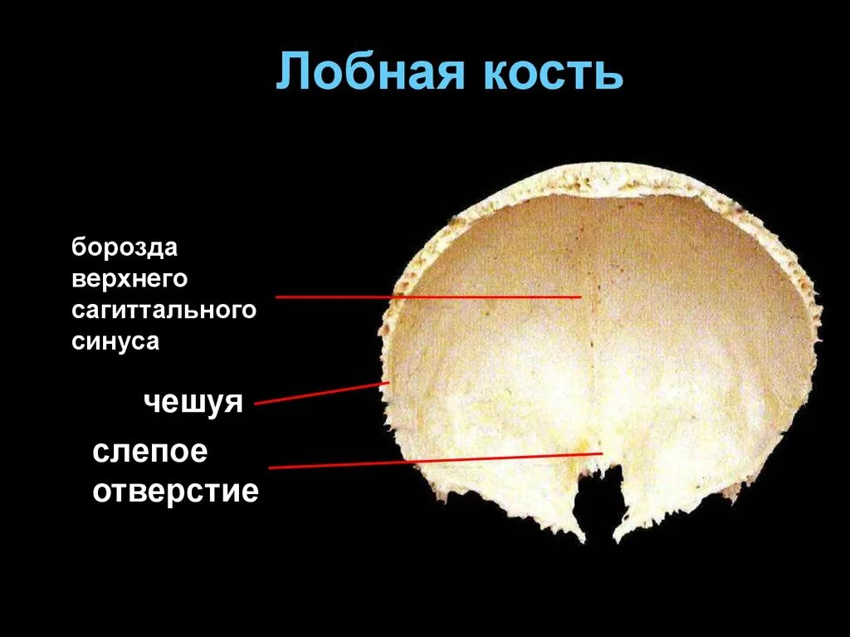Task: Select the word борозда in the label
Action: tap(125, 248)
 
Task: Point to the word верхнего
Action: tap(129, 279)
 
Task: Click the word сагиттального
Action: tap(164, 311)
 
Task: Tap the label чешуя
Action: tap(193, 403)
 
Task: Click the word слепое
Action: tap(150, 453)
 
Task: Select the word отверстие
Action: tap(176, 491)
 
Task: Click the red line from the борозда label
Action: tap(427, 296)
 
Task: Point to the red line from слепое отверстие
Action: tap(436, 460)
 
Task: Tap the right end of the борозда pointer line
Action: tap(580, 296)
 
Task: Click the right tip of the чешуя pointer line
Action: tap(388, 383)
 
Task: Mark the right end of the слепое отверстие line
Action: tap(602, 453)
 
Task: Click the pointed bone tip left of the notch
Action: tap(581, 540)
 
